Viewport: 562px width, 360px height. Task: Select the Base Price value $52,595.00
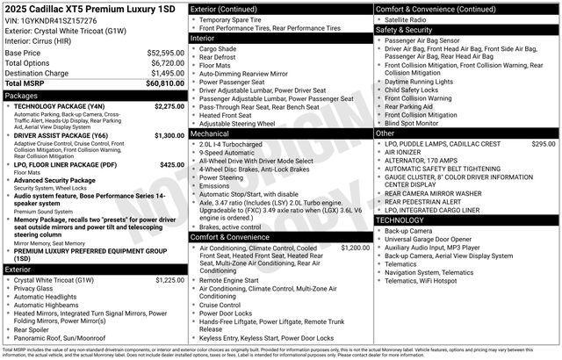[166, 53]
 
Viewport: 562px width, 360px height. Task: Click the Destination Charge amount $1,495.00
[166, 73]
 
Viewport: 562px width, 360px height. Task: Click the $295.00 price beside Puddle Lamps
[543, 143]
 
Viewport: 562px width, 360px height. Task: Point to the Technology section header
[400, 220]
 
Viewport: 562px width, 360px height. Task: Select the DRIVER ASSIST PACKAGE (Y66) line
[61, 136]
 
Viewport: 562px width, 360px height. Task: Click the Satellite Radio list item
[412, 19]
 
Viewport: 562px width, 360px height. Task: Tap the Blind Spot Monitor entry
[418, 123]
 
